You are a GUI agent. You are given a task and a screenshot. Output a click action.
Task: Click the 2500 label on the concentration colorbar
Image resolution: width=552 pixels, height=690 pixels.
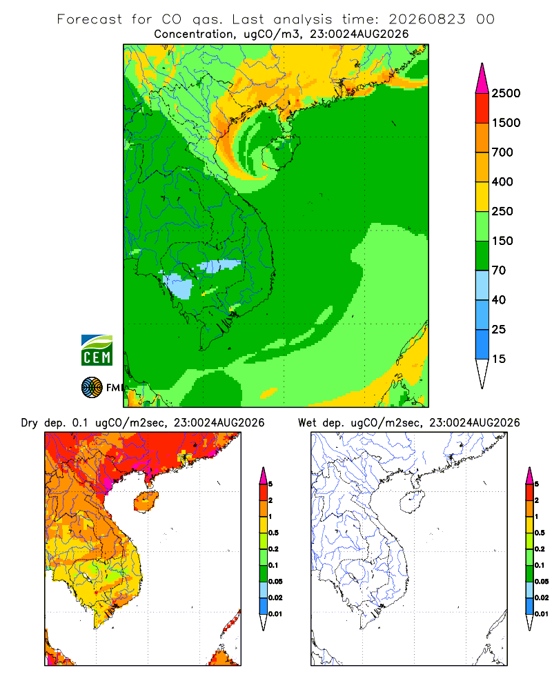pos(506,93)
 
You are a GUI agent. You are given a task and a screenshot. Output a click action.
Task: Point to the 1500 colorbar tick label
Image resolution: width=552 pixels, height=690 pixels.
pos(506,123)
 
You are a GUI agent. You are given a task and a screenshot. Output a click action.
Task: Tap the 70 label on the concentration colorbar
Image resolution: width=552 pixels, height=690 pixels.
pos(498,270)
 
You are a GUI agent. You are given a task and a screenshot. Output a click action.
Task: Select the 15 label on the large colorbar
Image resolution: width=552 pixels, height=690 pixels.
pos(498,359)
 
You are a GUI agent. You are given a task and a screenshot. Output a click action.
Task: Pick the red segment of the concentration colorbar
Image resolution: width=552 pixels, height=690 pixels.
pos(482,108)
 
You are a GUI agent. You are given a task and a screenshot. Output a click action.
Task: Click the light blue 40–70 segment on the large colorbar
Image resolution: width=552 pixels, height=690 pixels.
pos(482,285)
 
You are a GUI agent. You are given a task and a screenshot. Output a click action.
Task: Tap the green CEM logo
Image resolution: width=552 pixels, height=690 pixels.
pos(97,351)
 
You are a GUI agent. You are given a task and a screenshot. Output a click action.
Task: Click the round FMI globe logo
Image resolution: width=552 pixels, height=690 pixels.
pos(92,388)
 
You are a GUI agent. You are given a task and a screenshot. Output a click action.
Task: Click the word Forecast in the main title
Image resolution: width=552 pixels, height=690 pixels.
pos(90,19)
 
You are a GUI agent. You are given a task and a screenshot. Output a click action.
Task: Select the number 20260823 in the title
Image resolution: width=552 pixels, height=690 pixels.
pos(426,19)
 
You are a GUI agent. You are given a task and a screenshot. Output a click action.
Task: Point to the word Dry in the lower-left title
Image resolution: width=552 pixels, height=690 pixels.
pos(30,423)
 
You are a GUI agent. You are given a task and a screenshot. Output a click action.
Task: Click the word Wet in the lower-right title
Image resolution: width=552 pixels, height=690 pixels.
pos(307,423)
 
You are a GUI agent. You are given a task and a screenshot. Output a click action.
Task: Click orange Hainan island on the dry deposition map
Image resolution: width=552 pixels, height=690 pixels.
pos(146,502)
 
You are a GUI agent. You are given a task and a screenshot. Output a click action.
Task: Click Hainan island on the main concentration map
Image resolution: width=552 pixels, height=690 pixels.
pos(282,152)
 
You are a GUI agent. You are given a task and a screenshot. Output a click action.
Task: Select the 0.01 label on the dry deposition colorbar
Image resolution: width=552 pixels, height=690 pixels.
pos(275,614)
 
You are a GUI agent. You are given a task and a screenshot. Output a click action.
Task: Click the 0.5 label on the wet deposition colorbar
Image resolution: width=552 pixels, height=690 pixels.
pos(540,533)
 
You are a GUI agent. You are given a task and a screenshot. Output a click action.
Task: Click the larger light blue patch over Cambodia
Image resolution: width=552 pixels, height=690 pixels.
pos(178,286)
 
